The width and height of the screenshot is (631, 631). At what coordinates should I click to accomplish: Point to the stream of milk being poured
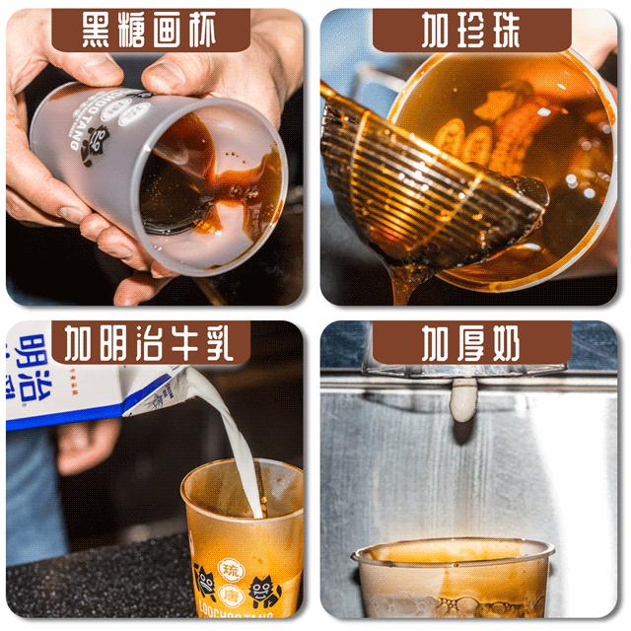tap(232, 434)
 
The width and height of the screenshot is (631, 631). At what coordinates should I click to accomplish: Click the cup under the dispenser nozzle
tap(454, 577)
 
